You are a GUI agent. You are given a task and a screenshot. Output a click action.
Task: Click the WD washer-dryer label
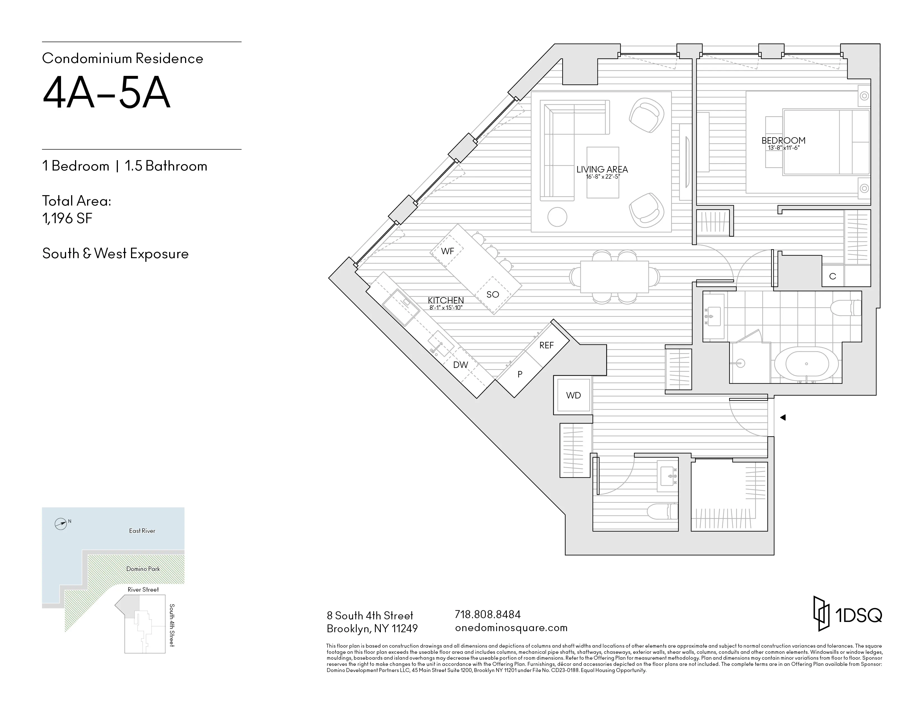[x=573, y=395]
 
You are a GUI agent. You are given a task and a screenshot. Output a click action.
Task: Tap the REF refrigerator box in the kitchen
[x=546, y=346]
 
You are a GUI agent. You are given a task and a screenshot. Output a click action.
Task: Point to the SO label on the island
[x=493, y=294]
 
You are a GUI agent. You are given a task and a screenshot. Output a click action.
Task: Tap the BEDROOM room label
[x=783, y=141]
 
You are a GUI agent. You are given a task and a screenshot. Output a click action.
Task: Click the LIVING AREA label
[x=602, y=169]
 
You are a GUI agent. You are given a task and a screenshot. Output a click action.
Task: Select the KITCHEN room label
[x=445, y=300]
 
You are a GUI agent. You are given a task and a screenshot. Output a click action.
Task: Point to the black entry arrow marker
[x=782, y=417]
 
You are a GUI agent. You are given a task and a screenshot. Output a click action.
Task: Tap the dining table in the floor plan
[x=614, y=277]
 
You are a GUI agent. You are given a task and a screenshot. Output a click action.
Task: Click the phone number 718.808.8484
[x=487, y=614]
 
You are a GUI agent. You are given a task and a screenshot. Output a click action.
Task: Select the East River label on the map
[x=142, y=531]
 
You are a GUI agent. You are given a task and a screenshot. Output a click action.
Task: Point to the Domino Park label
[x=143, y=569]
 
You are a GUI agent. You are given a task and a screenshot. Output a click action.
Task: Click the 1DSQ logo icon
[x=821, y=614]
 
